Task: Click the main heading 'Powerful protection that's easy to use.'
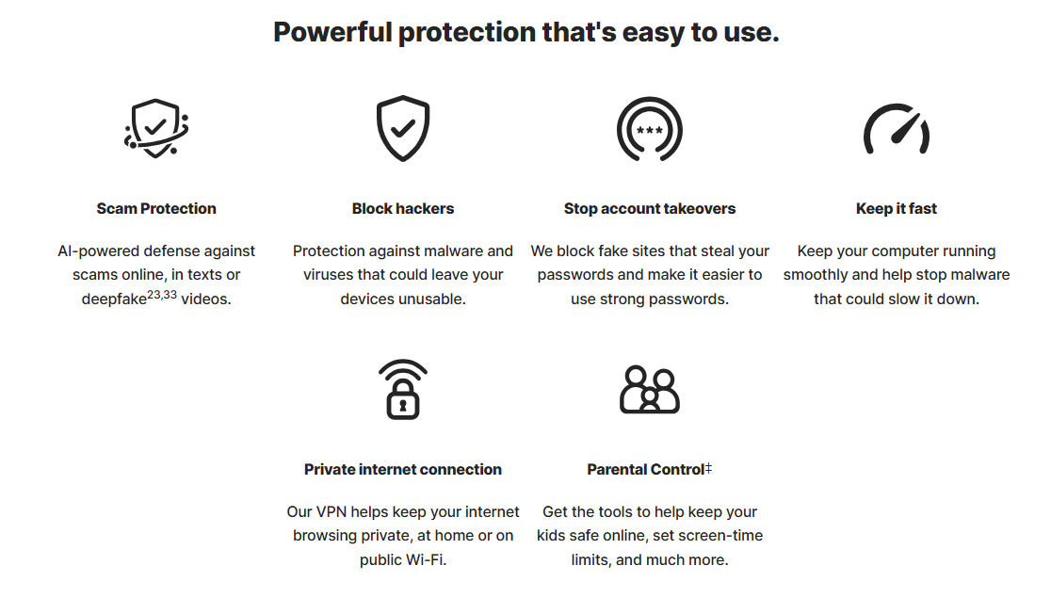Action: click(x=526, y=32)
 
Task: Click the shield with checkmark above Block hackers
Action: click(x=403, y=128)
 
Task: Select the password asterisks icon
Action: click(x=650, y=129)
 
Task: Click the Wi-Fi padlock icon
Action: click(x=403, y=390)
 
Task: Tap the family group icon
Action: click(x=650, y=390)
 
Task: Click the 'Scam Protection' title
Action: click(x=156, y=208)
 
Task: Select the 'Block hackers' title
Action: click(x=403, y=208)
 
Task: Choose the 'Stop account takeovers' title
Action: click(x=650, y=208)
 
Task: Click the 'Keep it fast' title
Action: click(x=897, y=208)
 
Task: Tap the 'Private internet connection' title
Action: click(x=403, y=469)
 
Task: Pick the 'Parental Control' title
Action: click(x=645, y=469)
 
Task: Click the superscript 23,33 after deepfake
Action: click(x=162, y=295)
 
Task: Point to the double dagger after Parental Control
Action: click(x=708, y=468)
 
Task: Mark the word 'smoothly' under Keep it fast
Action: click(x=816, y=275)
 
